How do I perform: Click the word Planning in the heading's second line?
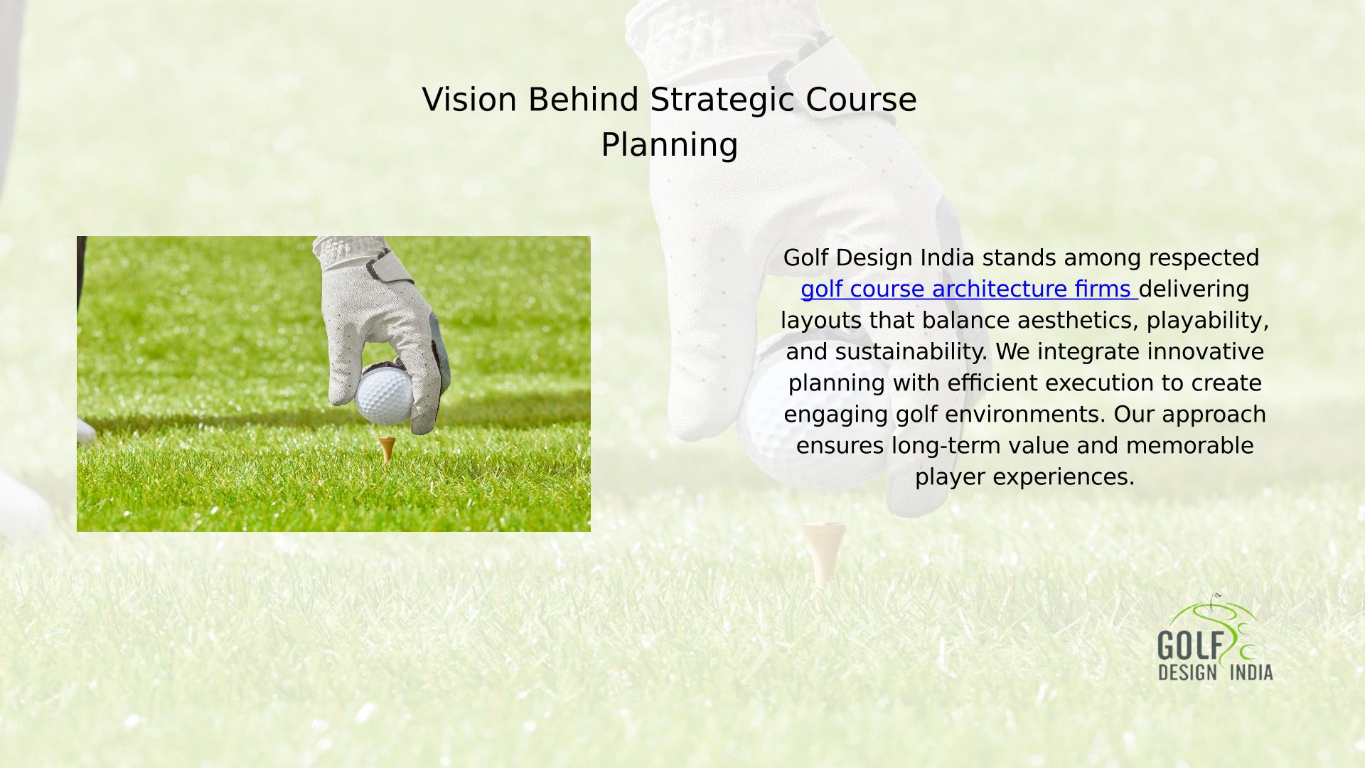[x=670, y=146]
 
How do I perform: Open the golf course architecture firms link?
[x=968, y=289]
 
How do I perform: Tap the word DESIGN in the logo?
[x=1187, y=672]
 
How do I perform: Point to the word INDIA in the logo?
[x=1251, y=672]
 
